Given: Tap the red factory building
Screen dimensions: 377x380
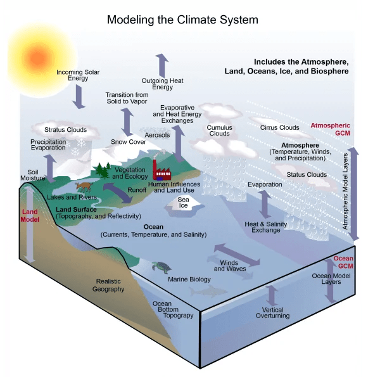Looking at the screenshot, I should click(x=162, y=168).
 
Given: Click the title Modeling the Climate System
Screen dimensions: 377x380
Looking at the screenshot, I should click(x=182, y=20).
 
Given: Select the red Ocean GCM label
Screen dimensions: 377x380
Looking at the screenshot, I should click(x=343, y=262).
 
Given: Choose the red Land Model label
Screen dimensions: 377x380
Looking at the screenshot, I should click(x=30, y=216).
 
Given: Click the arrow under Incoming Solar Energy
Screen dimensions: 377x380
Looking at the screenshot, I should click(x=79, y=96).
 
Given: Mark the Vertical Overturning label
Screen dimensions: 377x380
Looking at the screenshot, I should click(x=272, y=312).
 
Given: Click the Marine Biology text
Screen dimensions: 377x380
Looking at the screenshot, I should click(x=188, y=279).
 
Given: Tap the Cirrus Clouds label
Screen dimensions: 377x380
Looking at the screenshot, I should click(x=279, y=127).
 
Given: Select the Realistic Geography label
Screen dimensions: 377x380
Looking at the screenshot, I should click(x=108, y=285).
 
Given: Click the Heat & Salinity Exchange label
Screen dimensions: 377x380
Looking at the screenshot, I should click(x=266, y=227).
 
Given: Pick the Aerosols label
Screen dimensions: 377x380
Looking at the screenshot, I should click(x=158, y=135).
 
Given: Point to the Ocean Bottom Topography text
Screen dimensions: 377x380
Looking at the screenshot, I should click(x=174, y=309).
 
